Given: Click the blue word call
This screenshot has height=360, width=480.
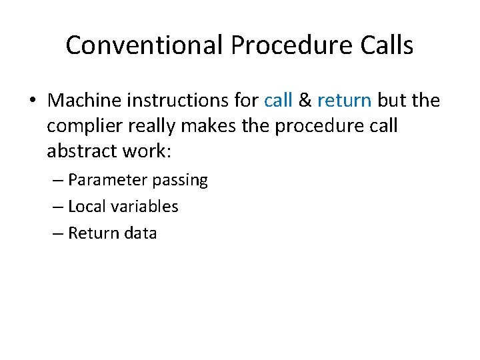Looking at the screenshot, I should pos(278,101).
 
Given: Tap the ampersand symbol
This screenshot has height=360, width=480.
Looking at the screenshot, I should pos(305,101).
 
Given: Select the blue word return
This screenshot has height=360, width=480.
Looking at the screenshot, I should pos(344,101).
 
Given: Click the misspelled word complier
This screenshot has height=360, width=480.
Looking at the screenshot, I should pos(85,127).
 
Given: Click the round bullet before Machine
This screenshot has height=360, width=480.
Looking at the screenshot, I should pos(34,101).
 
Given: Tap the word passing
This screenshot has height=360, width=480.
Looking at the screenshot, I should pos(180,180).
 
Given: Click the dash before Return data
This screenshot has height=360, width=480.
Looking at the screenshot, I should pos(57,233).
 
